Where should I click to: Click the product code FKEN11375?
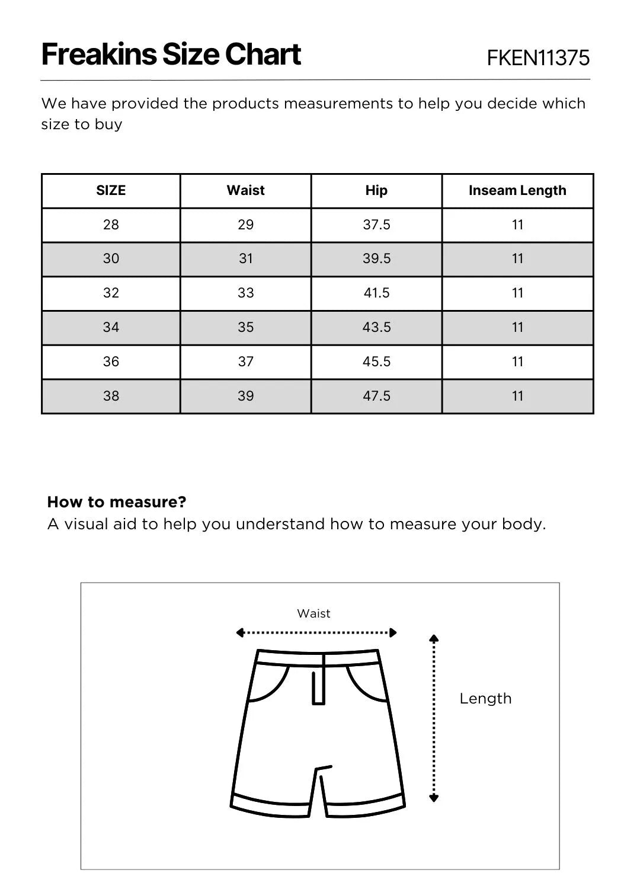[538, 57]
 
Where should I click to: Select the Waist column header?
[245, 190]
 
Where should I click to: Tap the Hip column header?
[376, 190]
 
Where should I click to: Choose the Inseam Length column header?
[517, 190]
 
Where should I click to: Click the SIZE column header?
[111, 190]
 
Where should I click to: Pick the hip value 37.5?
[376, 225]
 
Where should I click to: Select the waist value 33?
[245, 293]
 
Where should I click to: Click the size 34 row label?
[111, 327]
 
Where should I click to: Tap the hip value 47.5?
[376, 396]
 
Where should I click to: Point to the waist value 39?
[245, 396]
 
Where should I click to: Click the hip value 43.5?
[376, 327]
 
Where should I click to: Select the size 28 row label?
[111, 225]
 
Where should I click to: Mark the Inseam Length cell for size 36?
[517, 362]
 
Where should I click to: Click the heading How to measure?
[117, 502]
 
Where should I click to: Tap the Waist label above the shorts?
[313, 613]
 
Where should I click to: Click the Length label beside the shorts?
[485, 698]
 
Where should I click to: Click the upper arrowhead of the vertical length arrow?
[434, 638]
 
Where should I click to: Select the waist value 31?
[245, 258]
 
